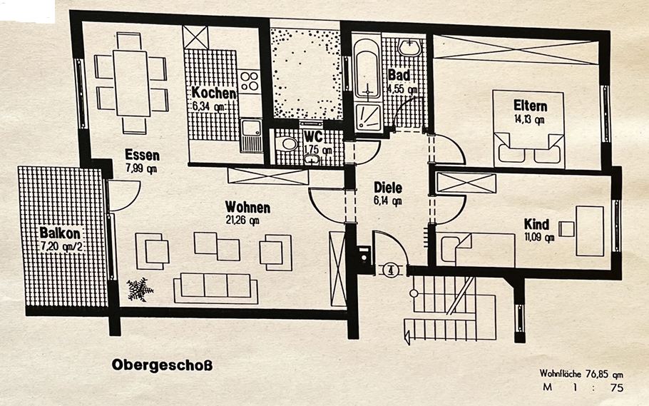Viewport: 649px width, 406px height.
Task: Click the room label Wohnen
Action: point(247,208)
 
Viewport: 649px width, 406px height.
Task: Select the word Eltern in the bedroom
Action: point(530,106)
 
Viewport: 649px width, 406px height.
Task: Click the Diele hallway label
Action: point(388,188)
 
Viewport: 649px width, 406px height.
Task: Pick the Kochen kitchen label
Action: point(213,93)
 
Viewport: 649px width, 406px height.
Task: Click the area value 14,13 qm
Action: point(529,119)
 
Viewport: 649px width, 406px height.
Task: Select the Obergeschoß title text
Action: point(162,365)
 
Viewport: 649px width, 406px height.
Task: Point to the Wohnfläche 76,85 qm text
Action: point(581,373)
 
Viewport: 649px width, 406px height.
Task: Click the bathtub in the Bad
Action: point(367,72)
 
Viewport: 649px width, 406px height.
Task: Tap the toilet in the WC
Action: point(288,143)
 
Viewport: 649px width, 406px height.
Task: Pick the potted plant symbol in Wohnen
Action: point(140,289)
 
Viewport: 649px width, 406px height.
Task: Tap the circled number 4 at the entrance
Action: point(389,270)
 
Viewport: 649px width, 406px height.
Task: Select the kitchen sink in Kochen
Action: point(251,133)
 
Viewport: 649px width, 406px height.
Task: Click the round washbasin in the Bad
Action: point(410,48)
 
